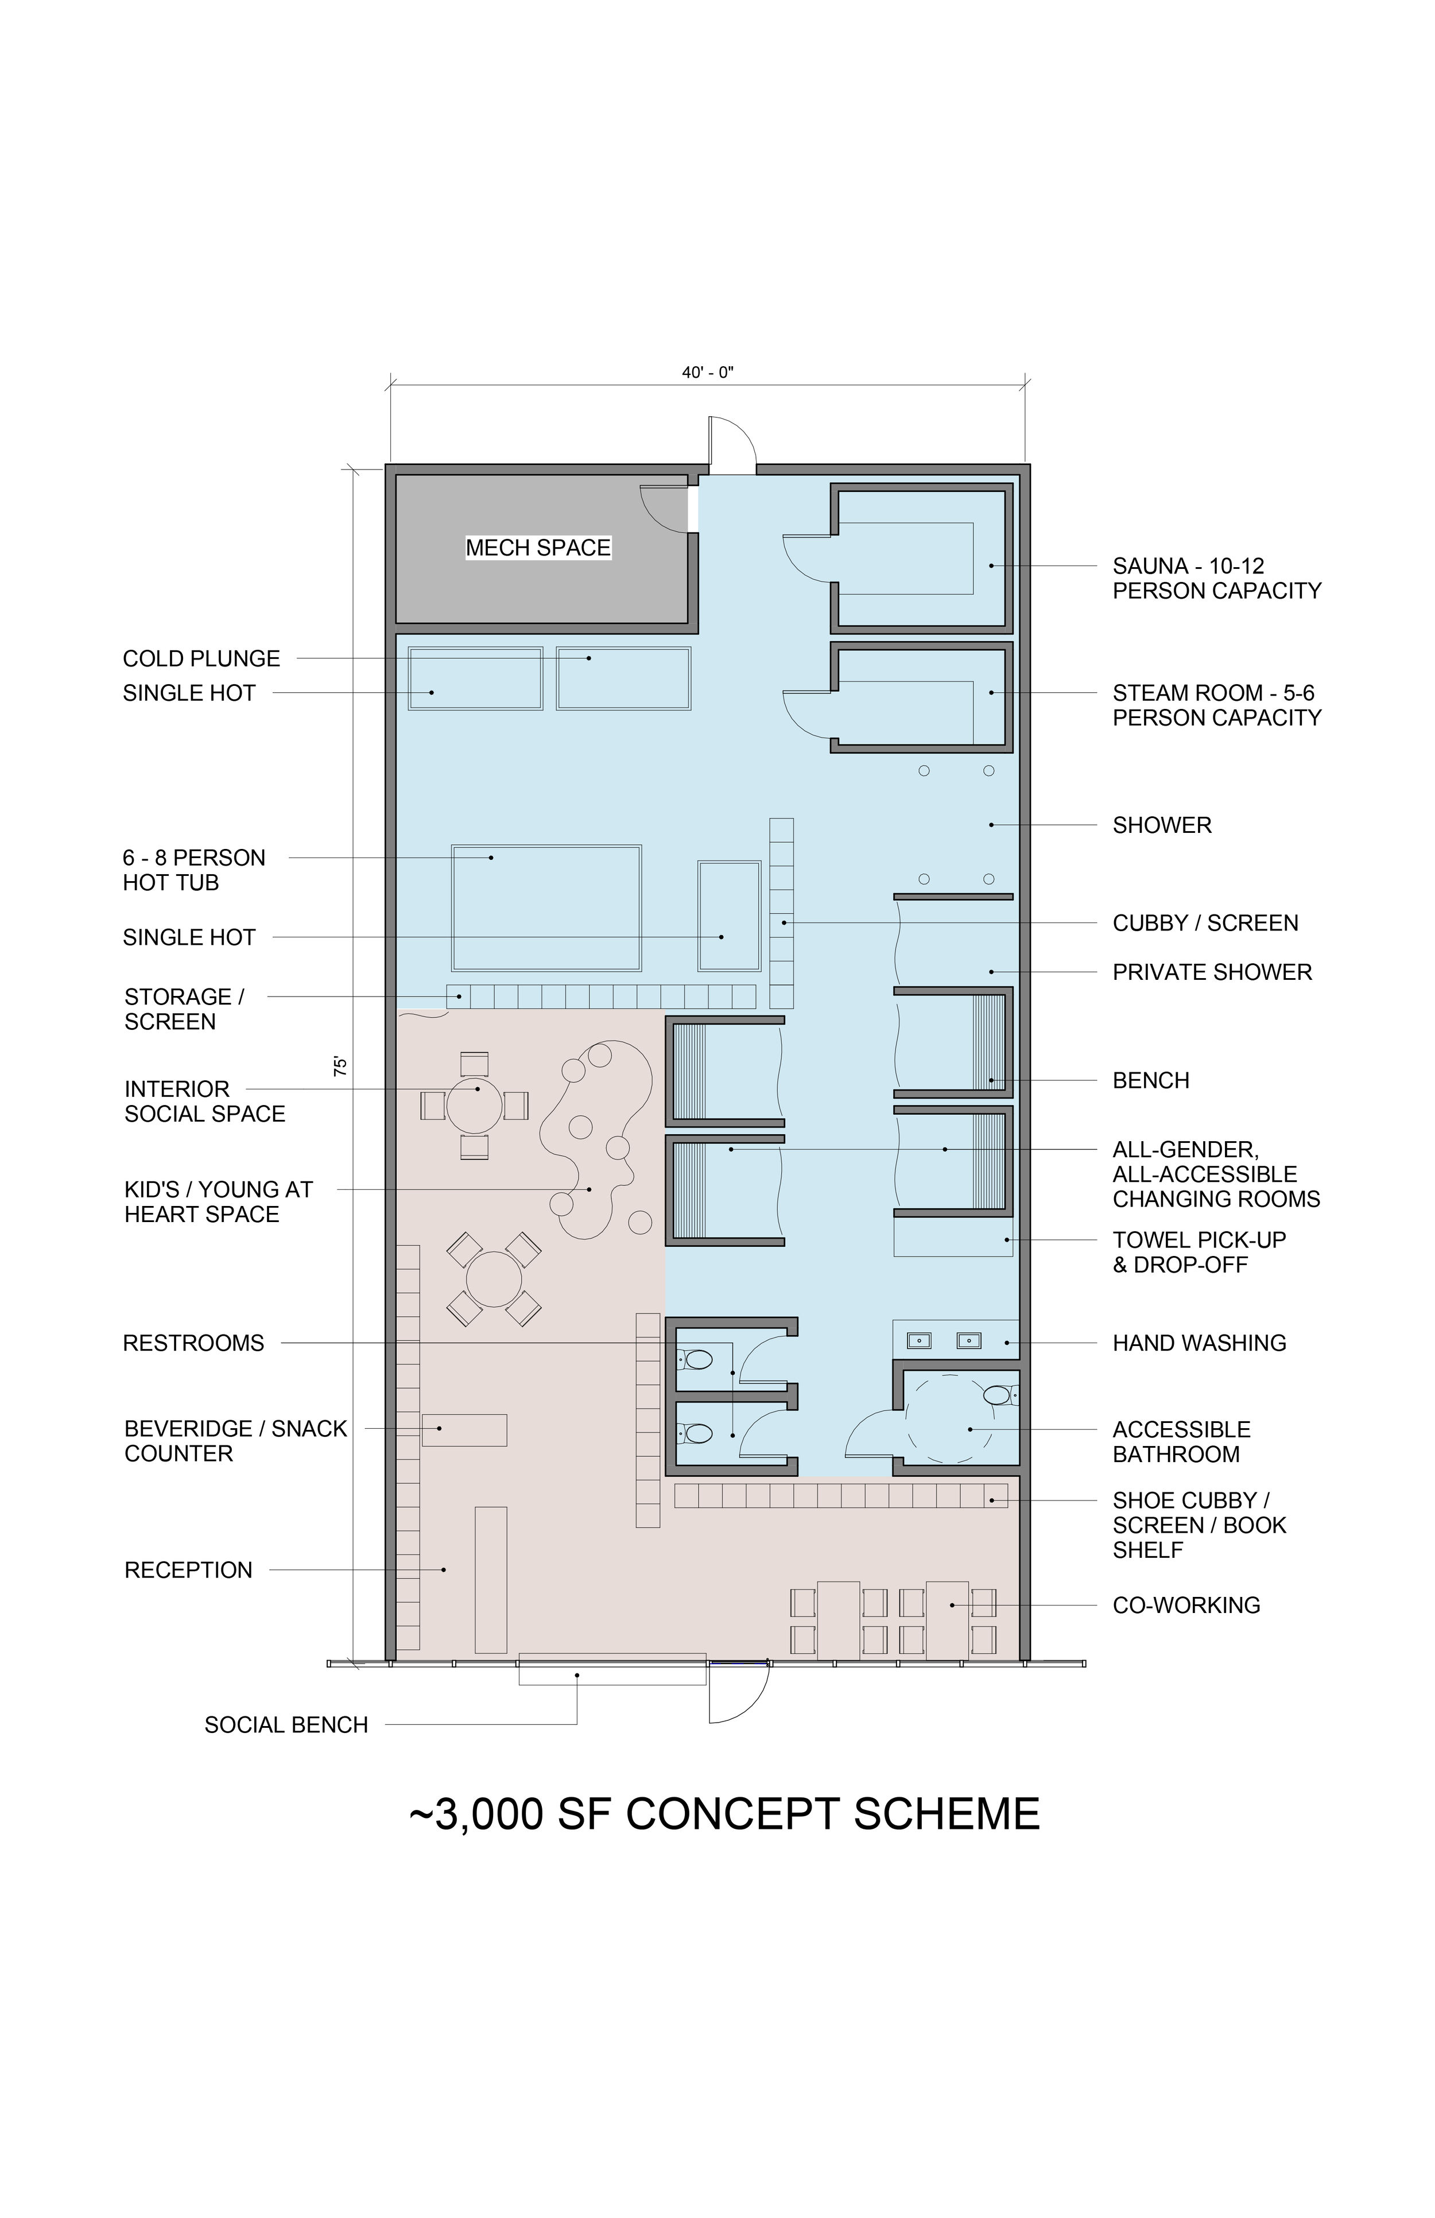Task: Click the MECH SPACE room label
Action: tap(538, 548)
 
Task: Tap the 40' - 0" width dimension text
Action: tap(708, 373)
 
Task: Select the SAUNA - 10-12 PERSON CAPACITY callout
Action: tap(1217, 579)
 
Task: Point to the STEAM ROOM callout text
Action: tap(1217, 705)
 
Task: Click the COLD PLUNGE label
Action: tap(201, 659)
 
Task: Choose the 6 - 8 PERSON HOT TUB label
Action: tap(194, 870)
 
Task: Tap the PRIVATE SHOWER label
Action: tap(1212, 972)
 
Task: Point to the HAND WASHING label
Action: tap(1199, 1343)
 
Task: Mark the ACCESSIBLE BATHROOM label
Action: tap(1181, 1442)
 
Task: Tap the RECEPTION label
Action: tap(188, 1571)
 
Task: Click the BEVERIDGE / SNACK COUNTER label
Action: tap(236, 1441)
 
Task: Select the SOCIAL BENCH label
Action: tap(286, 1725)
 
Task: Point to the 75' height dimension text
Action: tap(341, 1066)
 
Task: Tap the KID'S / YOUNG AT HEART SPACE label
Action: tap(218, 1202)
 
